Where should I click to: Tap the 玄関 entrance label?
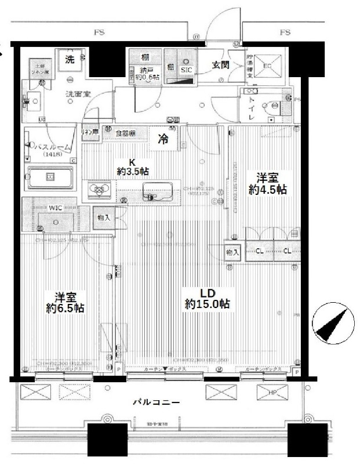[221, 65]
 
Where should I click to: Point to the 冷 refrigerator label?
[165, 139]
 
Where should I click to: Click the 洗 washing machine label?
[70, 59]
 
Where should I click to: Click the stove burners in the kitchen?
[99, 190]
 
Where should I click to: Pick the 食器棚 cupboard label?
[125, 133]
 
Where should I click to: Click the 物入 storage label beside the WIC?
[104, 217]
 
